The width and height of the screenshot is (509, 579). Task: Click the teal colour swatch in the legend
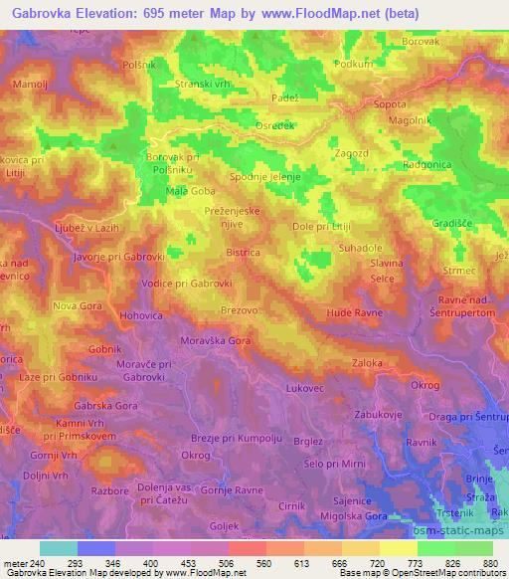click(59, 548)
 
